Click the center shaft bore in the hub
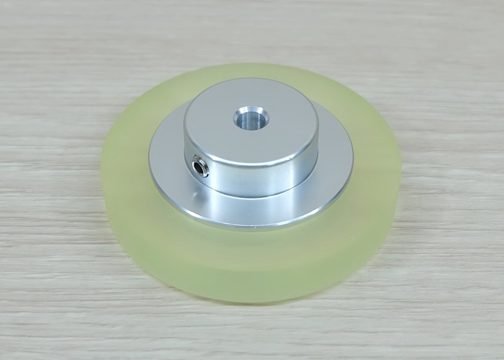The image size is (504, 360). tap(251, 118)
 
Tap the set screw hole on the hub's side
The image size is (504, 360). tap(199, 166)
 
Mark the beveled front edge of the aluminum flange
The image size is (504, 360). tap(252, 225)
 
